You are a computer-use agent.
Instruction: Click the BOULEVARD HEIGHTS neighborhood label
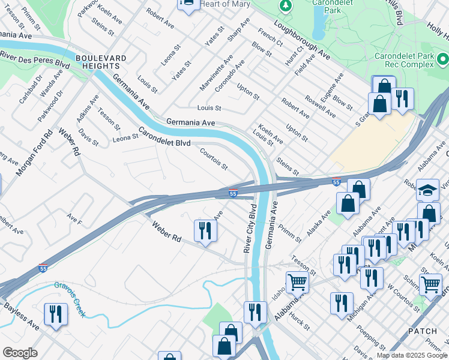pos(101,62)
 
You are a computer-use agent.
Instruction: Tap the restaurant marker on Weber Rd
pos(205,230)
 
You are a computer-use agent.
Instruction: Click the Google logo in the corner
pos(20,353)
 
